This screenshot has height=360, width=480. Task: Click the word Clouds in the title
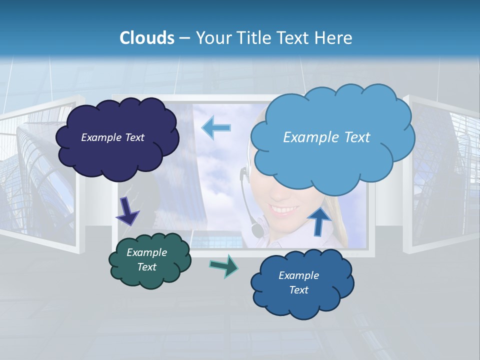(x=147, y=38)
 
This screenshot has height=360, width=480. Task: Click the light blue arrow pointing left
(x=216, y=127)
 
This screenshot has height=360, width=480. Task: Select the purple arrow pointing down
(x=127, y=212)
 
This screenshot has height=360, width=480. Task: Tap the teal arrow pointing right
(x=224, y=265)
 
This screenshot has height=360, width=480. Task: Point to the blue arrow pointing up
(x=319, y=220)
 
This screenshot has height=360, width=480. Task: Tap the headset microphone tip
(x=257, y=230)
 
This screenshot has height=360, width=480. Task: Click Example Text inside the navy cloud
(x=112, y=137)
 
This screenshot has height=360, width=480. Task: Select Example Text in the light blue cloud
(x=326, y=137)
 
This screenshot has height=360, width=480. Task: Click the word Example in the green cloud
(x=146, y=253)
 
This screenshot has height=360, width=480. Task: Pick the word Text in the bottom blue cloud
(x=298, y=290)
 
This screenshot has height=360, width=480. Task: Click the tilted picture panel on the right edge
(x=445, y=175)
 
